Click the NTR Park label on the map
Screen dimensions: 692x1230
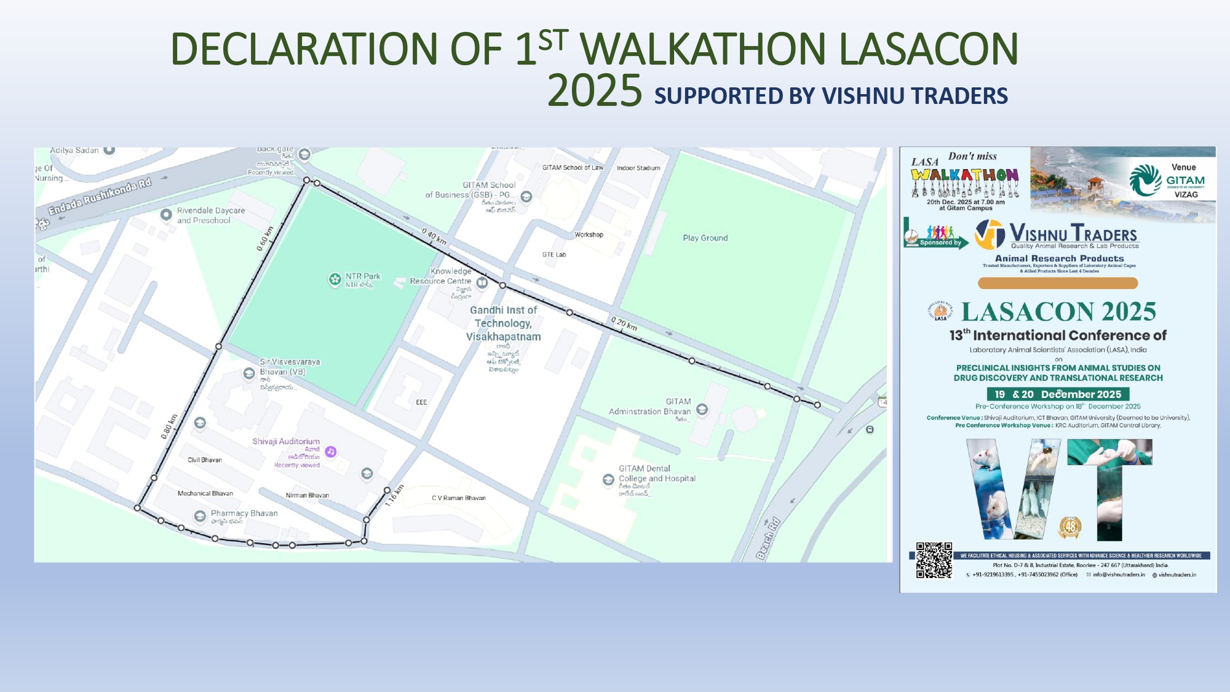click(x=362, y=277)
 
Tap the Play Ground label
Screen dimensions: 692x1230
click(x=705, y=238)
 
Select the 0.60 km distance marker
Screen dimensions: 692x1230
click(x=265, y=239)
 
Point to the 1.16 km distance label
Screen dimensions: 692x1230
click(x=394, y=495)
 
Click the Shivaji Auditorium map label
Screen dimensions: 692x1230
click(x=286, y=442)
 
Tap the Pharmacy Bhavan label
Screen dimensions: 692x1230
click(x=244, y=514)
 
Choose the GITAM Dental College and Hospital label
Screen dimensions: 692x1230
click(x=657, y=474)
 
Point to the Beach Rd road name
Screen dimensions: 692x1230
click(x=768, y=538)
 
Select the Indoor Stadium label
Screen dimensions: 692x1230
click(x=638, y=168)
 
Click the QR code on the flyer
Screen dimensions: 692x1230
click(x=934, y=560)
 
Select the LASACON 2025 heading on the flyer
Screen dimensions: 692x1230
click(x=1058, y=312)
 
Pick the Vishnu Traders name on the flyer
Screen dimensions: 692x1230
click(x=1073, y=234)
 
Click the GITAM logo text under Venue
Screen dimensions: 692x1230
click(x=1185, y=180)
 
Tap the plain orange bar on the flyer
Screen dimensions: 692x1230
click(x=1058, y=283)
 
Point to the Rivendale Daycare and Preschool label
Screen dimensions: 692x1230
click(x=211, y=215)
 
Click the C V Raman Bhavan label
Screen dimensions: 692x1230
click(x=458, y=498)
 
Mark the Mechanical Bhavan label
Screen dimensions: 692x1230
click(x=205, y=493)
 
